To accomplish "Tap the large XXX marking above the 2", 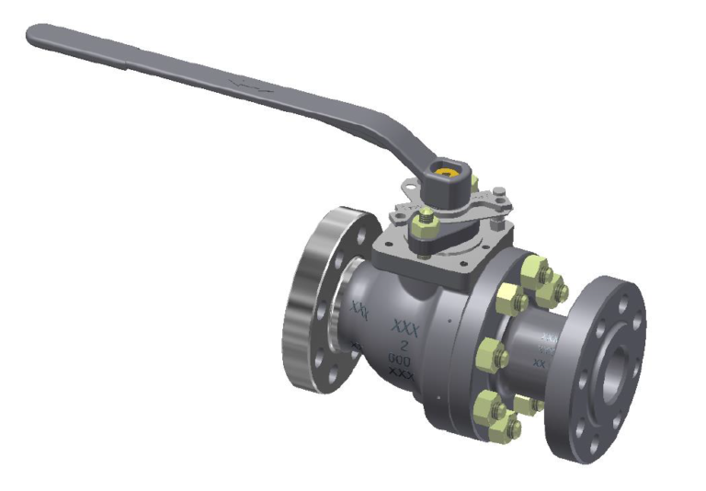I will [x=404, y=326].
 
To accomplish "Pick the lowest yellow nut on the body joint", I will [x=505, y=424].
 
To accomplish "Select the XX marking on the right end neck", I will [x=541, y=363].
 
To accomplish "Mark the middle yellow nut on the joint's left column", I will [x=491, y=351].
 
